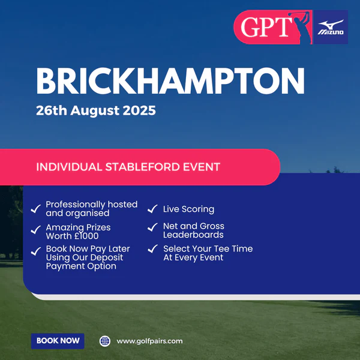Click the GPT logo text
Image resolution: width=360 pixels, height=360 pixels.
click(266, 27)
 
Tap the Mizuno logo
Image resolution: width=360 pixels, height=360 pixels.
click(331, 28)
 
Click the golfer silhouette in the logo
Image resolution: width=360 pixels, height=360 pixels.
click(300, 27)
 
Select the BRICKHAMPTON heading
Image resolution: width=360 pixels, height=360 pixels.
click(170, 81)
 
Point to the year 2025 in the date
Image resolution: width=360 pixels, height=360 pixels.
click(139, 110)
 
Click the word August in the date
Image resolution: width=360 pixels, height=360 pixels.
click(95, 111)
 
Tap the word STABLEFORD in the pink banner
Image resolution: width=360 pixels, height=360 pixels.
click(142, 167)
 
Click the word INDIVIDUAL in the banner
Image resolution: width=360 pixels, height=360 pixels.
click(69, 167)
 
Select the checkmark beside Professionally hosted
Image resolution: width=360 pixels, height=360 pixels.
click(36, 209)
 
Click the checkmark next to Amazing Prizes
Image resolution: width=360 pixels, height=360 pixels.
click(36, 230)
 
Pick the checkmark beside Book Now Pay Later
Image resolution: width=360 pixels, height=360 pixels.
click(36, 251)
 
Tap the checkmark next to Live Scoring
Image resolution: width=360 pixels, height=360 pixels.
click(152, 209)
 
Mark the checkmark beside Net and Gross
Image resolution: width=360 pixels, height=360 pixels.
click(152, 227)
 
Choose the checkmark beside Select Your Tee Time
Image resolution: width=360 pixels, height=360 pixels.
click(152, 249)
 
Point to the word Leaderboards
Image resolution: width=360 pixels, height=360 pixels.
click(193, 235)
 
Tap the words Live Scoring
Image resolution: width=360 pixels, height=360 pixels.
click(189, 209)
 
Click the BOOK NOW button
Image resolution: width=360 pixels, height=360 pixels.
click(58, 341)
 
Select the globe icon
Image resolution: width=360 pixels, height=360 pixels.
click(105, 341)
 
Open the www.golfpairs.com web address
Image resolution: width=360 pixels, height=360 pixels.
click(149, 341)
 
